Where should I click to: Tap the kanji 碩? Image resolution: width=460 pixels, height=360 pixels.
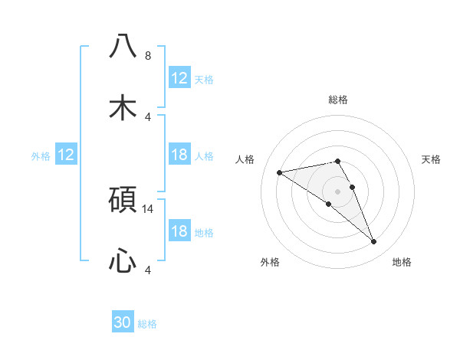[x=123, y=199]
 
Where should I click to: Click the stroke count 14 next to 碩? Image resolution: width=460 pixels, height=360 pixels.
[x=149, y=208]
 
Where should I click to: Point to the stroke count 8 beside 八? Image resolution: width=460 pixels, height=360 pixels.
[x=148, y=56]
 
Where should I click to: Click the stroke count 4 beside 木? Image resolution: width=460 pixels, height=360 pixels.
[x=148, y=116]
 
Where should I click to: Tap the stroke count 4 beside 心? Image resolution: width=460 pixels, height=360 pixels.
[x=148, y=270]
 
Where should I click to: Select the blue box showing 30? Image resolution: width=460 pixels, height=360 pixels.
[x=123, y=322]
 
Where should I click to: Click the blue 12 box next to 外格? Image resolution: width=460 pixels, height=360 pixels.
[x=66, y=155]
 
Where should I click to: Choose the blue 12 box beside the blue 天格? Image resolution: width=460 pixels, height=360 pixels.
[x=179, y=78]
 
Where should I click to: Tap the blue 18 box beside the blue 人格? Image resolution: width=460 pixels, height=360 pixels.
[x=179, y=155]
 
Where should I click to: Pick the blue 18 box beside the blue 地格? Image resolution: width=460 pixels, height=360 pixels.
[x=179, y=231]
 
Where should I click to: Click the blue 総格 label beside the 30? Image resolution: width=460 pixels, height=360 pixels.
[x=148, y=324]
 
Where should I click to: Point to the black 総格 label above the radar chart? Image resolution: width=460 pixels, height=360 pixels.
[x=338, y=100]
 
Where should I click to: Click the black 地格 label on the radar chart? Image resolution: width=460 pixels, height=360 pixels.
[x=402, y=262]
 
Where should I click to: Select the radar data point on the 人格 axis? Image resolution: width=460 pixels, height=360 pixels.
[x=280, y=172]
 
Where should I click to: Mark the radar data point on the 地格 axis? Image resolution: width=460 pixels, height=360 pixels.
[x=374, y=242]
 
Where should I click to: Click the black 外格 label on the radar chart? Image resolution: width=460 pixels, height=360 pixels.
[x=270, y=262]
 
